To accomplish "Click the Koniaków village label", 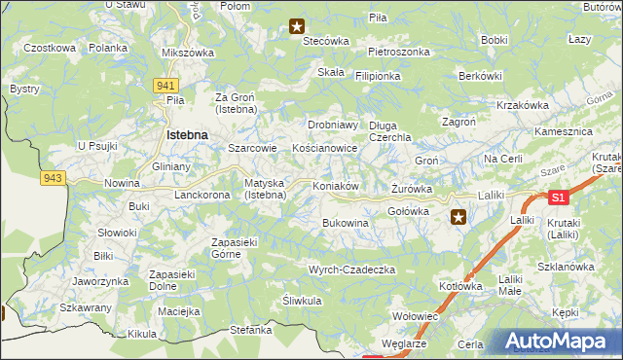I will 337,186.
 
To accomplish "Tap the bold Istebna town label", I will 189,134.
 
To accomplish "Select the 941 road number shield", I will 165,86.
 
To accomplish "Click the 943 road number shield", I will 53,177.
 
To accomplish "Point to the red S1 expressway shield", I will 557,198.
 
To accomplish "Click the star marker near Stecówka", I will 297,27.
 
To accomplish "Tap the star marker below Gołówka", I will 458,218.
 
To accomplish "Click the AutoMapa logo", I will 559,342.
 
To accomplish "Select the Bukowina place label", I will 346,223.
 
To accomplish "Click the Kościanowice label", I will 325,148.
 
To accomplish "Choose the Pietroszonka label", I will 398,52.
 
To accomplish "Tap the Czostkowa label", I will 50,48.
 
